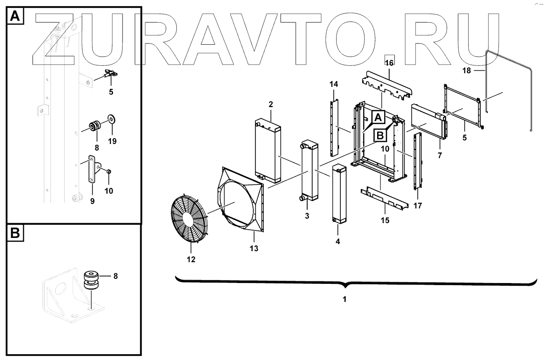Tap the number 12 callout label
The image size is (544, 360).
(x=191, y=259)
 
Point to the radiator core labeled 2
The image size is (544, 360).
(x=269, y=151)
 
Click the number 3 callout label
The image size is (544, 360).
(x=306, y=216)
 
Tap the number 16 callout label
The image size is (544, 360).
(x=389, y=62)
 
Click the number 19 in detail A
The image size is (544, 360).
(x=112, y=141)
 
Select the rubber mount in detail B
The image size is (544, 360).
(x=91, y=280)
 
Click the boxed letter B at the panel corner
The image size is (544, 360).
(x=14, y=233)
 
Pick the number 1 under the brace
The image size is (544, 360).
(x=344, y=299)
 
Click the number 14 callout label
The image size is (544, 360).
(x=334, y=84)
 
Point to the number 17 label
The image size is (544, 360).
(x=418, y=205)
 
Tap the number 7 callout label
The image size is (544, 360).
(x=440, y=156)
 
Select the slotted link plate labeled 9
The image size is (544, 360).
(x=91, y=170)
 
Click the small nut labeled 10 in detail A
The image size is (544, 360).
(x=108, y=171)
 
